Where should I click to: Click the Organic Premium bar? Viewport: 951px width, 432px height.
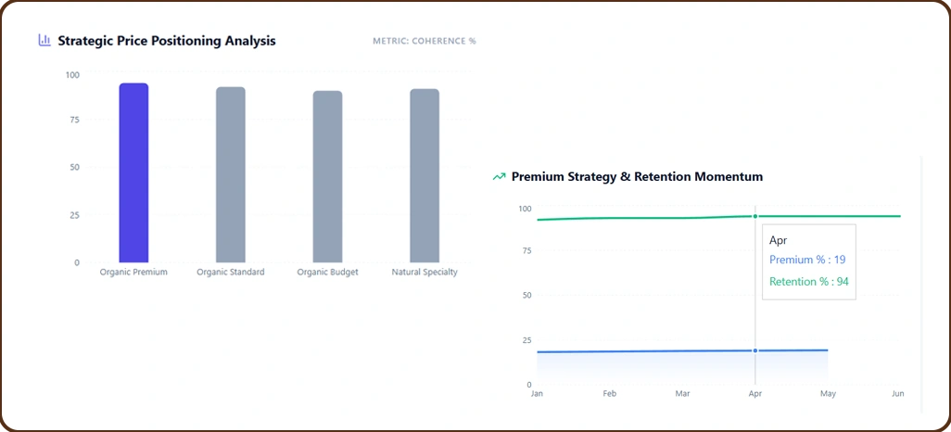tap(133, 173)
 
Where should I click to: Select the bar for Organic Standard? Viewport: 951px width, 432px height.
tap(231, 175)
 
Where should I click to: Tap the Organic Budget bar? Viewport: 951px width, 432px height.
tap(327, 177)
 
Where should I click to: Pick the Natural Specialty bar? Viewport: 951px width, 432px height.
tap(425, 176)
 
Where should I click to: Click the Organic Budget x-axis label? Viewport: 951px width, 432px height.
tap(327, 273)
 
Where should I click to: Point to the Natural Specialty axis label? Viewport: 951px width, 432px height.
tap(425, 273)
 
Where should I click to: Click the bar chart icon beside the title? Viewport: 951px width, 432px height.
tap(44, 41)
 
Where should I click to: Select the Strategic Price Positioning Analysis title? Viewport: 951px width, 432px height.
tap(167, 41)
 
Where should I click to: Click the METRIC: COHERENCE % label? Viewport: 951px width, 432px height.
tap(424, 42)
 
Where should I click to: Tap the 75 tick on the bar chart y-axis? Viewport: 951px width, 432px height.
tap(73, 121)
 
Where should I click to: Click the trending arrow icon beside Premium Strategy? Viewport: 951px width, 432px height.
tap(500, 176)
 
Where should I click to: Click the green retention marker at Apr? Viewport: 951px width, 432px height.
tap(755, 216)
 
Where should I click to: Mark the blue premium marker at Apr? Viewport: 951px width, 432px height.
tap(755, 350)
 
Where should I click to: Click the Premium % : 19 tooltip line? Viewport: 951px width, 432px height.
tap(805, 260)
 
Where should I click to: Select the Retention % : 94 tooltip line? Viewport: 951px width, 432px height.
tap(808, 282)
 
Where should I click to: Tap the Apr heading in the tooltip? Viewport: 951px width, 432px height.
tap(778, 240)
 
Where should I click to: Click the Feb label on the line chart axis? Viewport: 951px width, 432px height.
tap(609, 394)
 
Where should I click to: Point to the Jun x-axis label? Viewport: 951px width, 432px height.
tap(896, 394)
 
